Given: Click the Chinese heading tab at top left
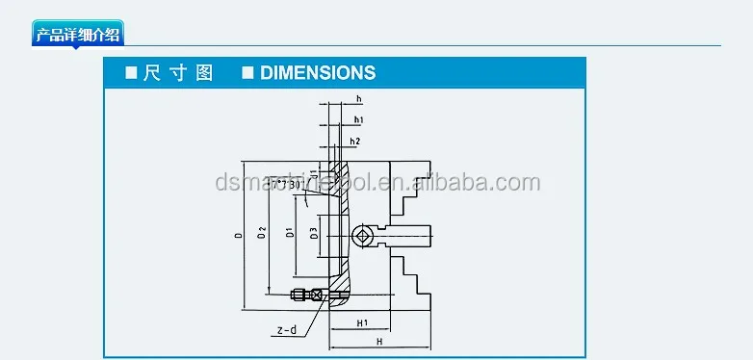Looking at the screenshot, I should click(78, 36).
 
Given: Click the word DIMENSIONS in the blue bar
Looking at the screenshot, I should click(317, 73).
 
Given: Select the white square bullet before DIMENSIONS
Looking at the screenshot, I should click(247, 73).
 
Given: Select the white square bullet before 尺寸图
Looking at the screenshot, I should click(131, 73).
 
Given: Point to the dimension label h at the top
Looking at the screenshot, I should click(358, 99).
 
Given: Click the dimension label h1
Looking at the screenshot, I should click(358, 119).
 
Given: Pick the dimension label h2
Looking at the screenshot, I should click(355, 141).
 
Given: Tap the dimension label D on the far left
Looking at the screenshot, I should click(237, 234).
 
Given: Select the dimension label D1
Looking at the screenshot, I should click(290, 234).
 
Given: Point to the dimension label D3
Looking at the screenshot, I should click(314, 234).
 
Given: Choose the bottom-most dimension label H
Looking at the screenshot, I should click(379, 343).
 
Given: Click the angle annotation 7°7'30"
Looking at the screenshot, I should click(284, 183).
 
